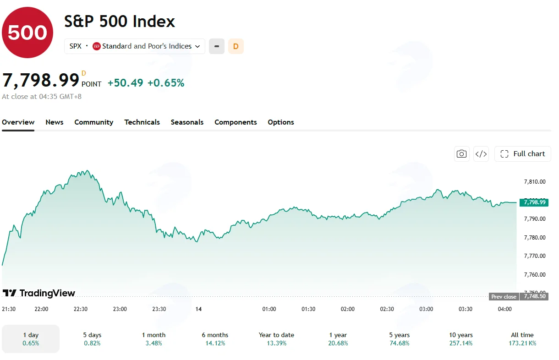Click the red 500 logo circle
27,33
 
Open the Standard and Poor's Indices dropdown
135,46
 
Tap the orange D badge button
236,46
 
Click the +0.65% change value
166,83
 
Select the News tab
55,122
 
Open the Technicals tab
142,122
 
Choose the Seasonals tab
187,122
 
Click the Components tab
236,122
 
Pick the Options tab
281,122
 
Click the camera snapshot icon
461,154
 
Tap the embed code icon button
481,154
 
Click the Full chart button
522,154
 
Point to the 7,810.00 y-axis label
535,182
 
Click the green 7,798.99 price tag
534,202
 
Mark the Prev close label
504,297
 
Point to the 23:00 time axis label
120,309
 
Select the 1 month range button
154,339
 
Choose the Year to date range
276,339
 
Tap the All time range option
522,339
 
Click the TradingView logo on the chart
38,293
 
